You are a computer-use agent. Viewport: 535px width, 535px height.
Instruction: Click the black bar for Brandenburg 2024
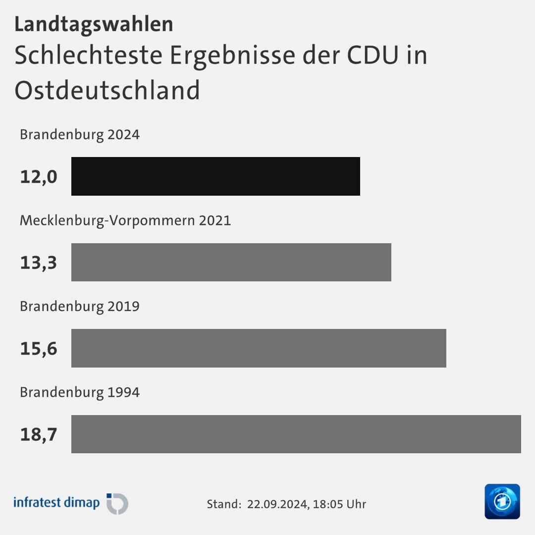(x=215, y=176)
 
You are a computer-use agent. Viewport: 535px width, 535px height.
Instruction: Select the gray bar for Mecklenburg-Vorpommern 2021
(x=231, y=262)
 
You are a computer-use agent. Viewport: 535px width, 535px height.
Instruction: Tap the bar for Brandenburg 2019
(x=259, y=348)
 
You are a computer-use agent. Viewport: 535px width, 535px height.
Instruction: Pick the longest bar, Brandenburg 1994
(x=296, y=434)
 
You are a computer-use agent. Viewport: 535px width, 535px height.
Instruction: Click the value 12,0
(x=39, y=177)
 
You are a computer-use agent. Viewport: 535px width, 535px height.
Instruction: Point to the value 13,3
(x=39, y=263)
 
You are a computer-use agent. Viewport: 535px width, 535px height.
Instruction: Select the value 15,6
(x=39, y=349)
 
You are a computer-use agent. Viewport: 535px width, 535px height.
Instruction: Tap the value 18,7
(x=39, y=434)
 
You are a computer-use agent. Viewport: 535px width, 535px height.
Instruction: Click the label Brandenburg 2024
(x=80, y=134)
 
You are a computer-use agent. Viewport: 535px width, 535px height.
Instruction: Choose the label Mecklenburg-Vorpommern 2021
(x=125, y=220)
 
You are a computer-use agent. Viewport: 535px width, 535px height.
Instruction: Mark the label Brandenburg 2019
(x=80, y=306)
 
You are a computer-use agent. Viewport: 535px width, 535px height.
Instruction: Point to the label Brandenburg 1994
(x=80, y=392)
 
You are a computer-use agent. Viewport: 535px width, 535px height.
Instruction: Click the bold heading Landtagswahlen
(x=94, y=24)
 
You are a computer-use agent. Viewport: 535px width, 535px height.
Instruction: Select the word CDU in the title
(x=372, y=55)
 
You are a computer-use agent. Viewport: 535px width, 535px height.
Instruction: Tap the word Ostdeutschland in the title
(x=107, y=91)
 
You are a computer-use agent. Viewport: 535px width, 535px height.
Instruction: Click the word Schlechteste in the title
(x=88, y=55)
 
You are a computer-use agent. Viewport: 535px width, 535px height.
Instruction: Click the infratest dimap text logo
(x=56, y=503)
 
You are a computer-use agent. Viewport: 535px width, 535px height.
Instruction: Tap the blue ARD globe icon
(x=502, y=502)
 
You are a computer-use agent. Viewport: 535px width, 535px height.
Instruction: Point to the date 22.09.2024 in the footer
(x=278, y=504)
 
